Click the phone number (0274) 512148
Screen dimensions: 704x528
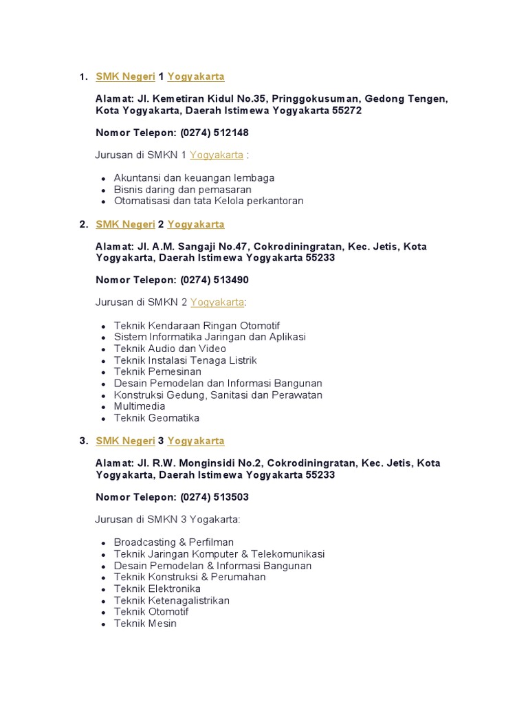(x=214, y=133)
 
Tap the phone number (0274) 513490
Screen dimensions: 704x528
(x=214, y=280)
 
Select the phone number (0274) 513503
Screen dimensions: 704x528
(x=214, y=497)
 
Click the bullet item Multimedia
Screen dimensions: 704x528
(x=140, y=406)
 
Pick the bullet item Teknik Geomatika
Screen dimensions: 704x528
(x=157, y=418)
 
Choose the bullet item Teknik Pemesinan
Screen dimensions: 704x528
(x=157, y=372)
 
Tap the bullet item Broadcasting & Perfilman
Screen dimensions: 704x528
(x=174, y=542)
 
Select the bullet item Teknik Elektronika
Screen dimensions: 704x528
(x=157, y=589)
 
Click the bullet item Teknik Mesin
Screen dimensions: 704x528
(x=145, y=624)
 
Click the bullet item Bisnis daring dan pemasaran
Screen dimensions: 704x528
(x=183, y=190)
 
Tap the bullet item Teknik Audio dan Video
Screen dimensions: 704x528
(x=170, y=349)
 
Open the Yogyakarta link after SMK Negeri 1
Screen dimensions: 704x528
(x=196, y=76)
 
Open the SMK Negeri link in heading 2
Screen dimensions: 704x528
(x=125, y=224)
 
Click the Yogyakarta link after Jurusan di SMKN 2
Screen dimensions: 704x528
(x=217, y=302)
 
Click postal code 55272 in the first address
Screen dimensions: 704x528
(x=347, y=111)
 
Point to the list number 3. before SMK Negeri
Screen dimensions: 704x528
(x=83, y=441)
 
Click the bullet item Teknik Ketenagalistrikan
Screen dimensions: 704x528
(x=172, y=601)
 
